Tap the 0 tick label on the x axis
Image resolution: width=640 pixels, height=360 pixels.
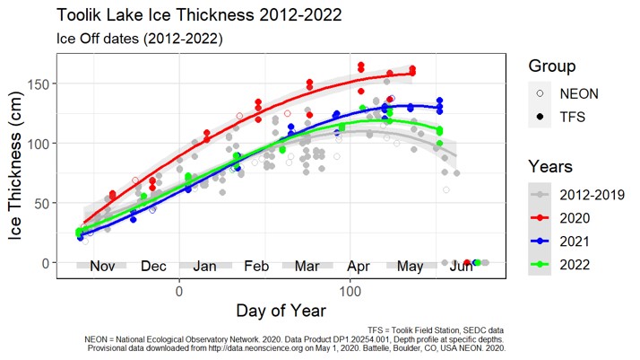179,290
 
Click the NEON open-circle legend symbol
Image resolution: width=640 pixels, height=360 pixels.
541,92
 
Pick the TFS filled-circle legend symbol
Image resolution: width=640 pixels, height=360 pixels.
541,116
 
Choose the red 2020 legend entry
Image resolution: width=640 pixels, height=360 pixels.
541,216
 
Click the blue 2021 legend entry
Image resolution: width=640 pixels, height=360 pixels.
541,240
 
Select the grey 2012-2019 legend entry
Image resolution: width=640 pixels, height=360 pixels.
541,193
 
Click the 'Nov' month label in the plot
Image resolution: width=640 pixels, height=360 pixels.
103,267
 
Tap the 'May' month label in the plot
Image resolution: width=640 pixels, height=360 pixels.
411,267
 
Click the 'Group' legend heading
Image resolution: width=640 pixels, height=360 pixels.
552,66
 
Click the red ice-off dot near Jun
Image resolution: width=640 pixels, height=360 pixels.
467,262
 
